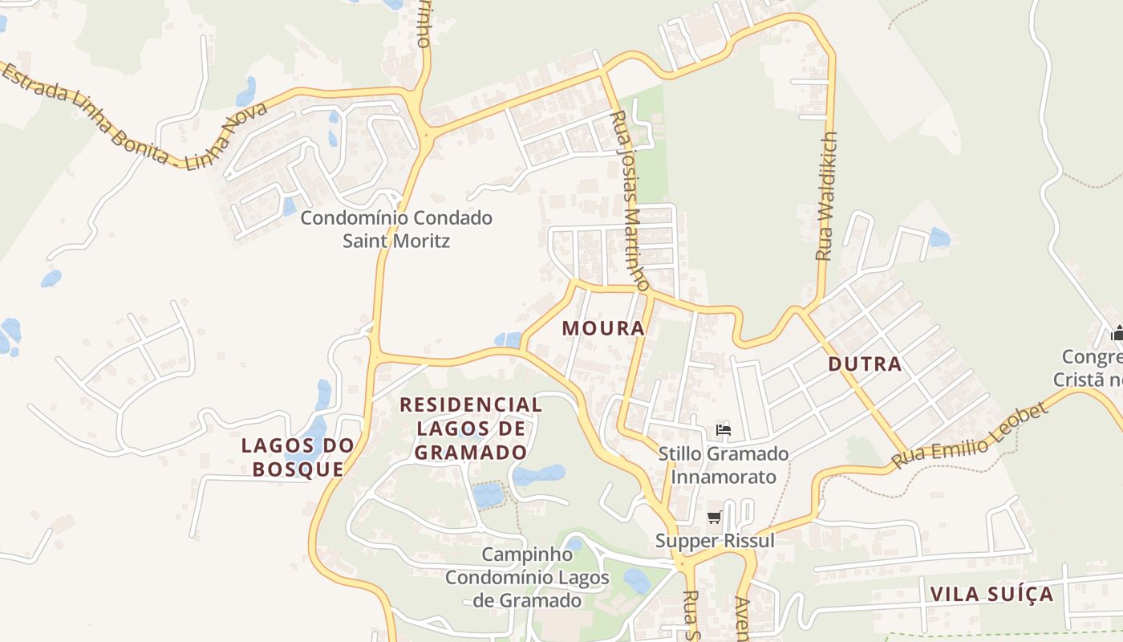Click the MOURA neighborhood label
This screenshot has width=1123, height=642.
(x=603, y=328)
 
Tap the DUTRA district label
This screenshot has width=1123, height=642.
(x=865, y=364)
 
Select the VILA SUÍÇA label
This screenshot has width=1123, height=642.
(x=991, y=595)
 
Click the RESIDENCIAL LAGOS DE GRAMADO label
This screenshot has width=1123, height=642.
(x=472, y=429)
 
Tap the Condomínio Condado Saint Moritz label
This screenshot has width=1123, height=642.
(x=396, y=229)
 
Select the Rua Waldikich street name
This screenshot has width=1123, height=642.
(x=826, y=196)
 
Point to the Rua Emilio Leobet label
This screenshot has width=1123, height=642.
(x=971, y=437)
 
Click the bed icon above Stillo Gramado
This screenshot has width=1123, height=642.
(x=724, y=430)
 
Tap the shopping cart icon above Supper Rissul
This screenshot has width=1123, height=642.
(x=714, y=518)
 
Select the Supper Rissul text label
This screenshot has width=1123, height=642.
(x=715, y=541)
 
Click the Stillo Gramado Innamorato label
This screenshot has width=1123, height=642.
(x=724, y=465)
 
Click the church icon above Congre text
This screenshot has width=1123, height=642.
(x=1117, y=333)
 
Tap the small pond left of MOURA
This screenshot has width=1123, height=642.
(x=508, y=340)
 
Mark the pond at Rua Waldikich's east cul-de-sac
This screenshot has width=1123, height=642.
(x=939, y=238)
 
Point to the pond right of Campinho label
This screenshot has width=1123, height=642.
(x=638, y=580)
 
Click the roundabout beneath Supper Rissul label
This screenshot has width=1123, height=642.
(x=683, y=564)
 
